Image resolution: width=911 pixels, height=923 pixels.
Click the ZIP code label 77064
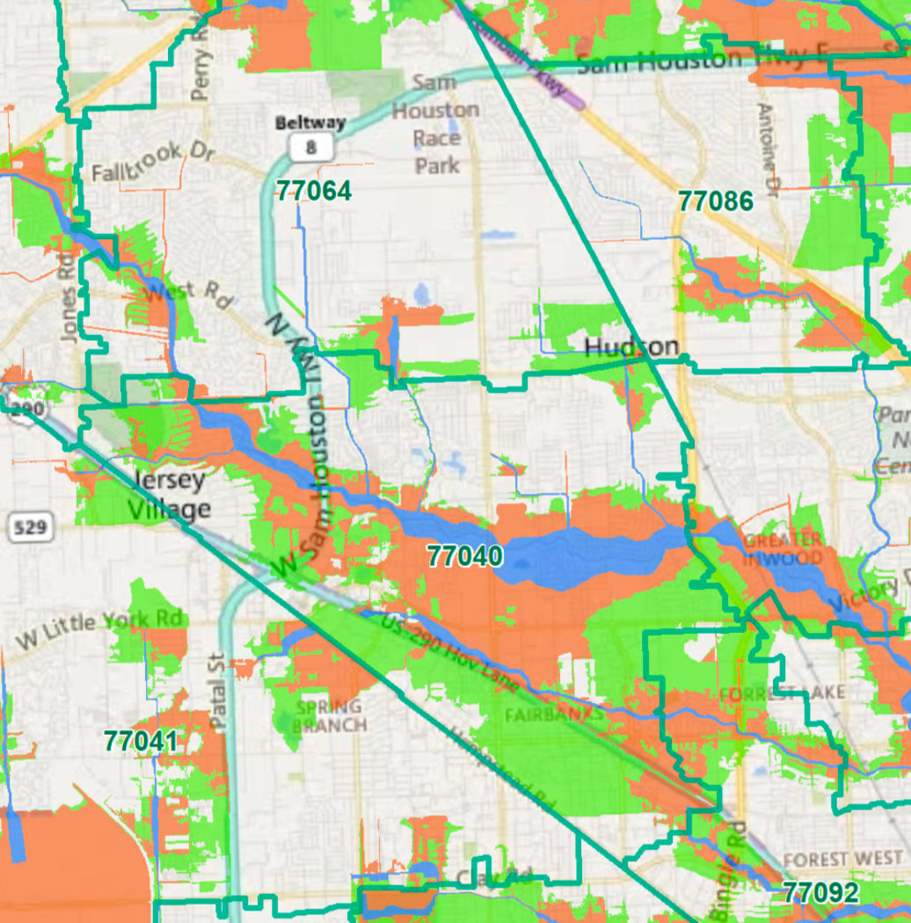[x=313, y=191]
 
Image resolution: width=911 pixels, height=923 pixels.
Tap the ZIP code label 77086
[x=716, y=201]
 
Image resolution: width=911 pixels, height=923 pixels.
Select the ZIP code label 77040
[x=465, y=556]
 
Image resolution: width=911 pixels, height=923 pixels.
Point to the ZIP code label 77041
[x=140, y=741]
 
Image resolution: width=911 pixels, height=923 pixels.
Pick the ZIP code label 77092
[x=820, y=893]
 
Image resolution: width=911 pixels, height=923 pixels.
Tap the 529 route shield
[x=33, y=528]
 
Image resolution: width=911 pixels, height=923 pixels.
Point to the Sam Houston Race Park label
[x=436, y=124]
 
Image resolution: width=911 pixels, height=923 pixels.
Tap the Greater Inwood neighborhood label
[x=783, y=549]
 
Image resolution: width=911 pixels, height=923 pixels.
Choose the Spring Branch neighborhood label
[x=329, y=716]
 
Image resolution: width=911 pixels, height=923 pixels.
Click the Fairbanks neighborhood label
[x=554, y=716]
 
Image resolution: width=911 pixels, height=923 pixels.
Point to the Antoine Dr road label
[x=769, y=149]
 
